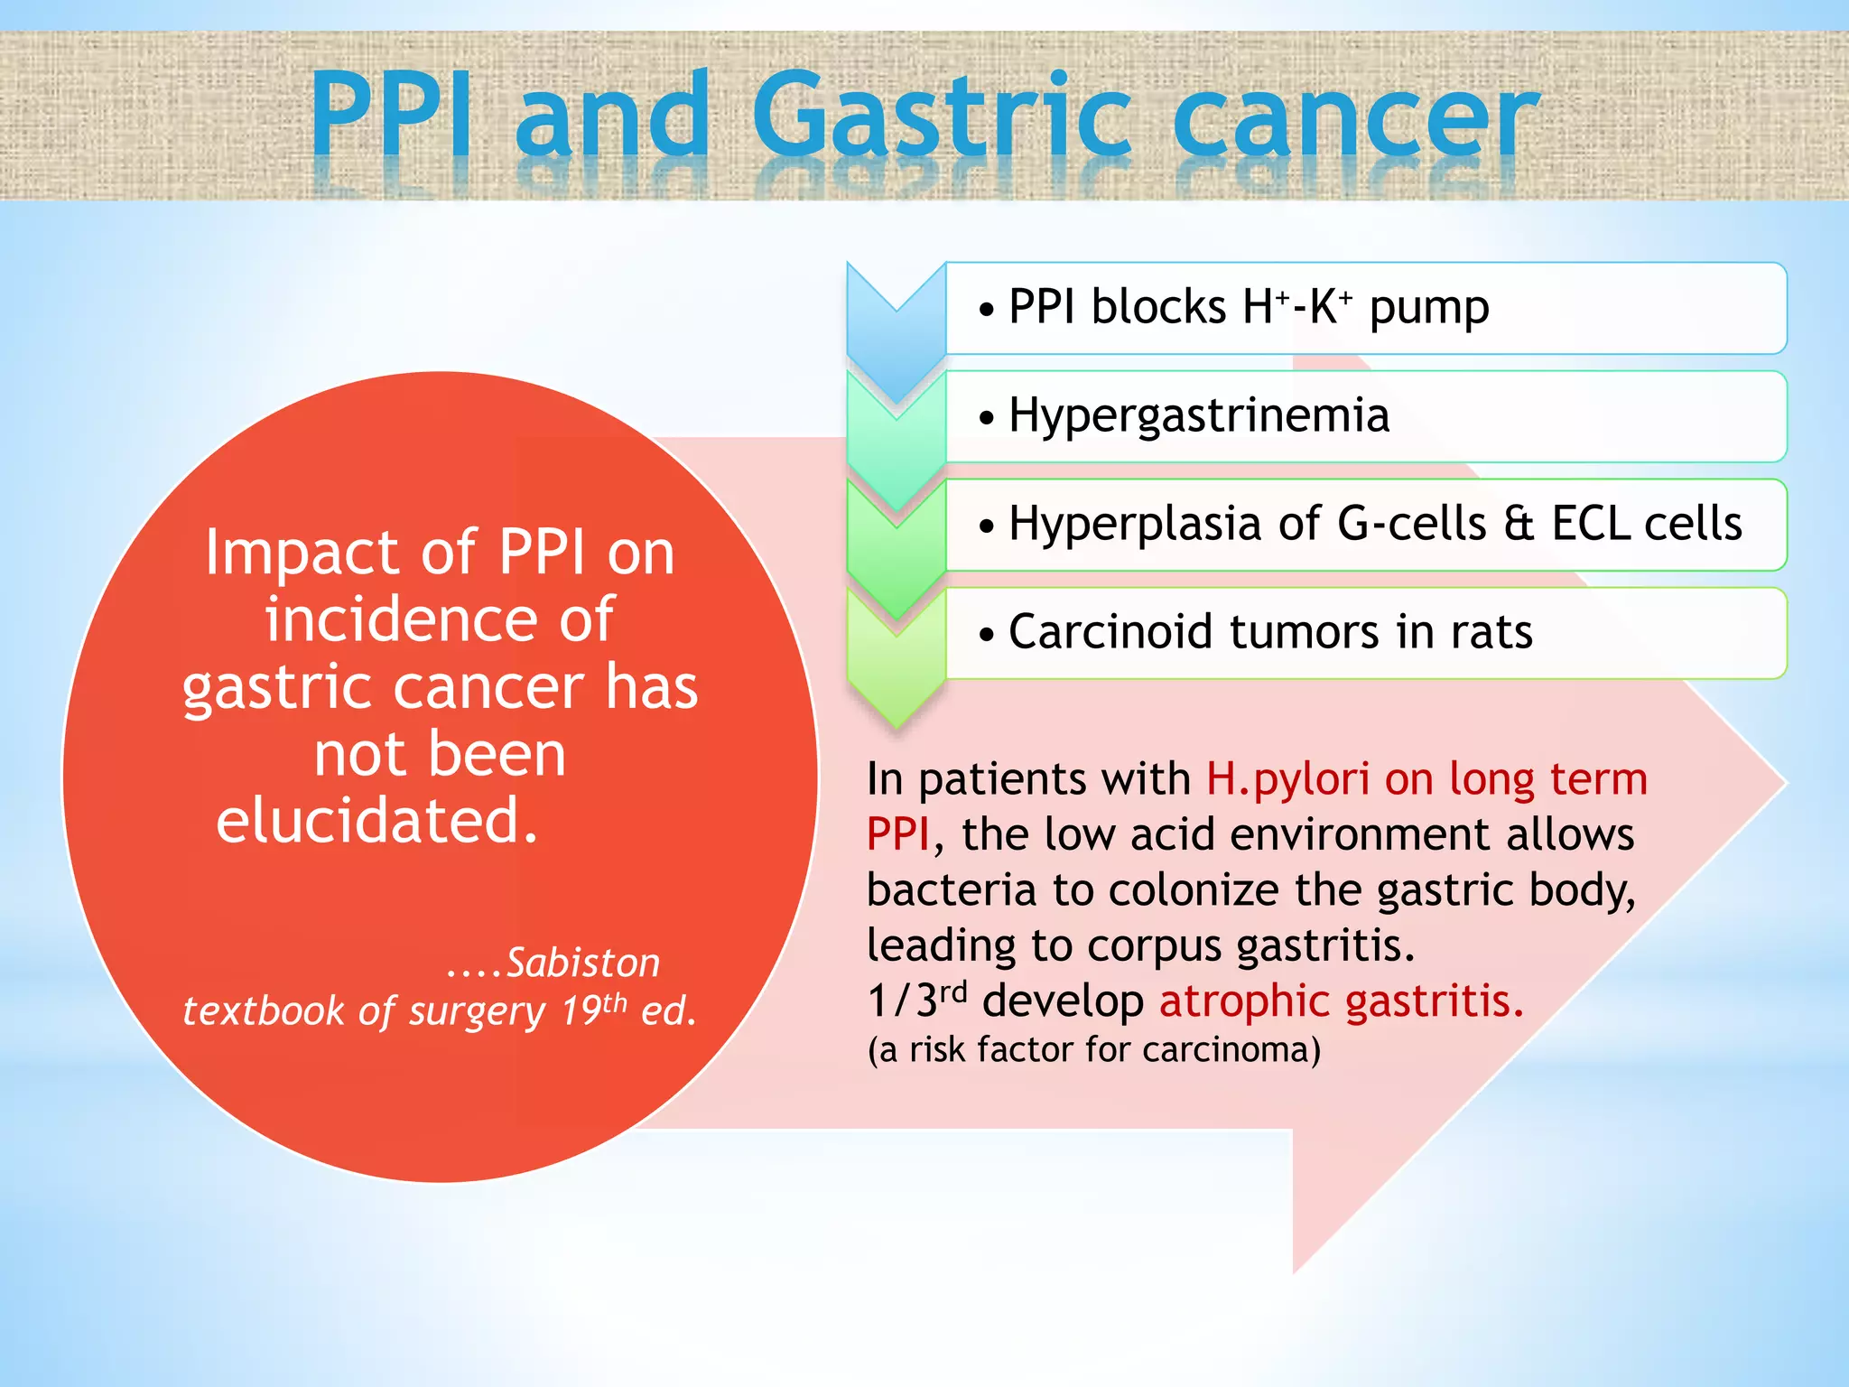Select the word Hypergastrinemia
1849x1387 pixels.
pyautogui.click(x=1198, y=416)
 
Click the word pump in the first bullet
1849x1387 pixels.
pyautogui.click(x=1428, y=309)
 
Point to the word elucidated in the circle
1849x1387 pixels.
pyautogui.click(x=376, y=821)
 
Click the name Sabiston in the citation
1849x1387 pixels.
pyautogui.click(x=582, y=963)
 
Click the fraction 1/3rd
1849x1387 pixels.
pyautogui.click(x=915, y=1001)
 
